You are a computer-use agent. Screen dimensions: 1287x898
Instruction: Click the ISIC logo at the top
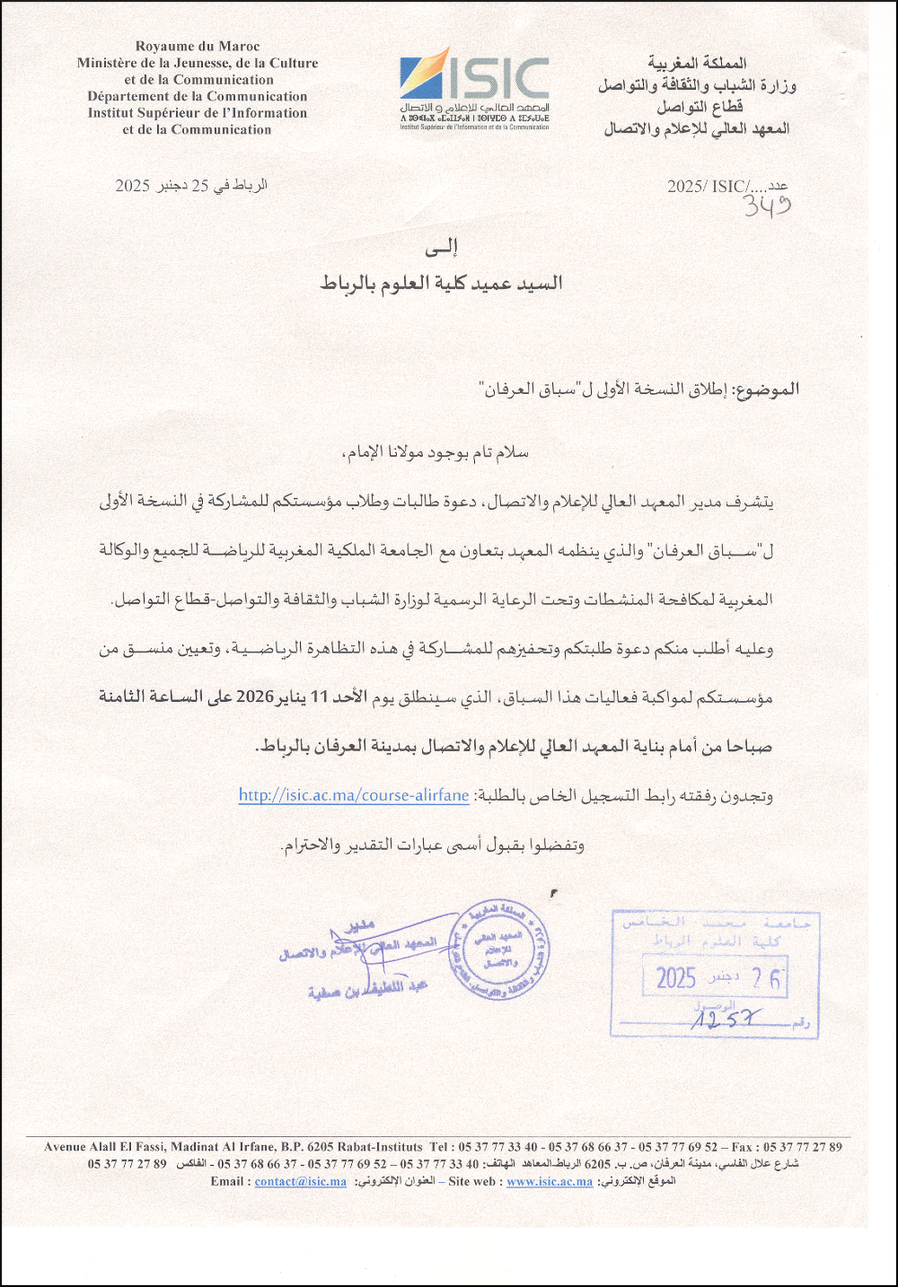(474, 84)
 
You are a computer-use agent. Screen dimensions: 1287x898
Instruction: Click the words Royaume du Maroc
(198, 46)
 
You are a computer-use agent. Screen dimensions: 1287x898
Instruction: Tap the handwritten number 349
(766, 207)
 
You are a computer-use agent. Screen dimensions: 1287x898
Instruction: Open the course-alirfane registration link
(354, 795)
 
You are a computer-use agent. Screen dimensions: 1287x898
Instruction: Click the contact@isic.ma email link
(300, 1181)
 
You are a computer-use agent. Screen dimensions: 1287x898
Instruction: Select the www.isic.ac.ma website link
(550, 1181)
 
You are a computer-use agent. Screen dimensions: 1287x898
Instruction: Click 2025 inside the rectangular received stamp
(676, 978)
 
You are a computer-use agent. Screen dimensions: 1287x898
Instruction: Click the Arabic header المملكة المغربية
(698, 64)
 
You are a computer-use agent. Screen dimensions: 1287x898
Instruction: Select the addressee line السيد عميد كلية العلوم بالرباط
(441, 284)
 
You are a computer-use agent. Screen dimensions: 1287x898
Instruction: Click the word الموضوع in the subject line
(765, 390)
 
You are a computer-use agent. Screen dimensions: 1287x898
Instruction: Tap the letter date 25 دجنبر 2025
(190, 186)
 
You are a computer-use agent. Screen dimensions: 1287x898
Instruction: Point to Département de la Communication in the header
(198, 96)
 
